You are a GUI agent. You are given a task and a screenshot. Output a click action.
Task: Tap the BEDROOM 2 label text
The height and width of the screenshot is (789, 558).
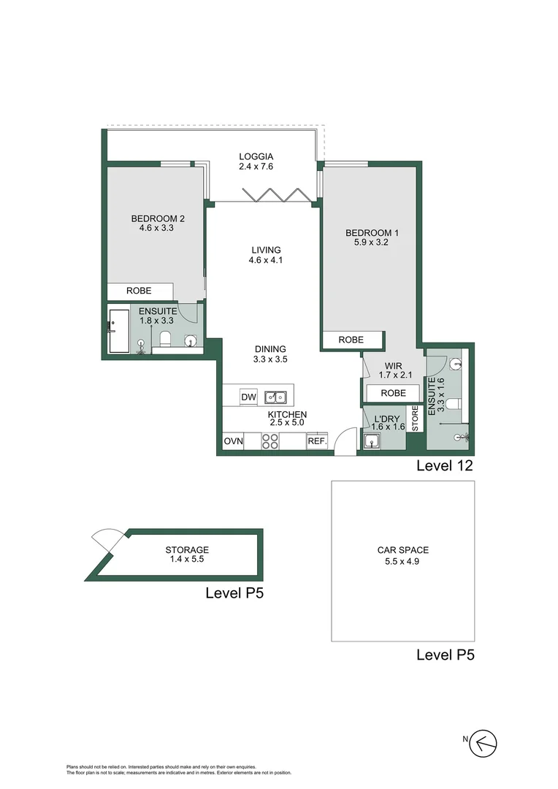click(x=158, y=218)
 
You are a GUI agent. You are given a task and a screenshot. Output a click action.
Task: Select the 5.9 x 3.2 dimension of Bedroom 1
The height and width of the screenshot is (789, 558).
click(x=366, y=243)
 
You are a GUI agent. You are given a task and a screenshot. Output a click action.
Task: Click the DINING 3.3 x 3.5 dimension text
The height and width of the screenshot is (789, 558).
click(x=270, y=359)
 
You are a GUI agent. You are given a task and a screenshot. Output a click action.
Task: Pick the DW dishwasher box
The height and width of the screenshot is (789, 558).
click(x=248, y=397)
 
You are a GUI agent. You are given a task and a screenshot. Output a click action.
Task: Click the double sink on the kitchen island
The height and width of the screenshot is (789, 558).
click(x=276, y=397)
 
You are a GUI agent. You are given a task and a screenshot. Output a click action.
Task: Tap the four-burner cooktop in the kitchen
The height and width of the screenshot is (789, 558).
click(x=270, y=441)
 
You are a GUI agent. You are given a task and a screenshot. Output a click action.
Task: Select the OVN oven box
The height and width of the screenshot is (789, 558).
click(x=233, y=441)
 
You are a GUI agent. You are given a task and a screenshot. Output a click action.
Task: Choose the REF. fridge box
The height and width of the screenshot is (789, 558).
click(x=316, y=441)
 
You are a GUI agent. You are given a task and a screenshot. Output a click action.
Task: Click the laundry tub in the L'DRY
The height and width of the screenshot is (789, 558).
click(x=372, y=441)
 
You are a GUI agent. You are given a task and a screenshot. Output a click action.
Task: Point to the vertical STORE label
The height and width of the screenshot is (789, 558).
click(x=415, y=418)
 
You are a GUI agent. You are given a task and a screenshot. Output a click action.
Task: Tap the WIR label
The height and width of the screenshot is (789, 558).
click(x=386, y=365)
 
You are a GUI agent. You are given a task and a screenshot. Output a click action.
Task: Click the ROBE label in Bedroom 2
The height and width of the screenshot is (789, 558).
click(x=139, y=291)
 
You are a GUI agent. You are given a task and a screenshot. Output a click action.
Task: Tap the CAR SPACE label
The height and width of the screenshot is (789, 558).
click(x=403, y=550)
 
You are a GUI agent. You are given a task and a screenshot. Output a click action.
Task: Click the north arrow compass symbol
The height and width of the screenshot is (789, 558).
click(x=484, y=743)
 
